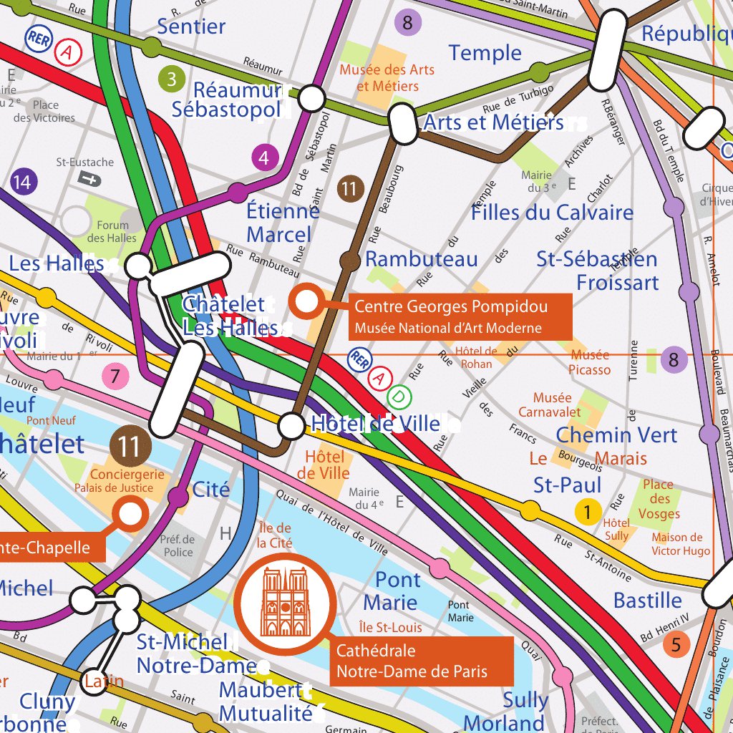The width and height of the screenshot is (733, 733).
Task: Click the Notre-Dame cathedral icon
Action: (285, 602)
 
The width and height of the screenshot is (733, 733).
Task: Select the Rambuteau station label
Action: (421, 259)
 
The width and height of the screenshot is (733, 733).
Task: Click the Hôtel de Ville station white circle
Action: (291, 426)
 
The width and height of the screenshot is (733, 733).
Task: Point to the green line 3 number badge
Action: (171, 79)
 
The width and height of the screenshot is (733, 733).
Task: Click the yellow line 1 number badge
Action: (588, 512)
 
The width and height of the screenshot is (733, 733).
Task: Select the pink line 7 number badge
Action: (115, 375)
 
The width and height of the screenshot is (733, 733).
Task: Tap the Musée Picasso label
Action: (590, 362)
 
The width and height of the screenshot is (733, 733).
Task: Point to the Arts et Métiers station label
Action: (494, 122)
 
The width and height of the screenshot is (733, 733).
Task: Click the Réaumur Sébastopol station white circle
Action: (311, 98)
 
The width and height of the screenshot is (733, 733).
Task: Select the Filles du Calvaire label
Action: (552, 213)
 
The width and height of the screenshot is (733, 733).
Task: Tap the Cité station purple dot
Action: (178, 495)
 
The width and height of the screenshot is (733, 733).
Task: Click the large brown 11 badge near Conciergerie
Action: (130, 447)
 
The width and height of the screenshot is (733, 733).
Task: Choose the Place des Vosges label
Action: (659, 499)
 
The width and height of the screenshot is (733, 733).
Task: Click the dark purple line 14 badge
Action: (22, 183)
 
